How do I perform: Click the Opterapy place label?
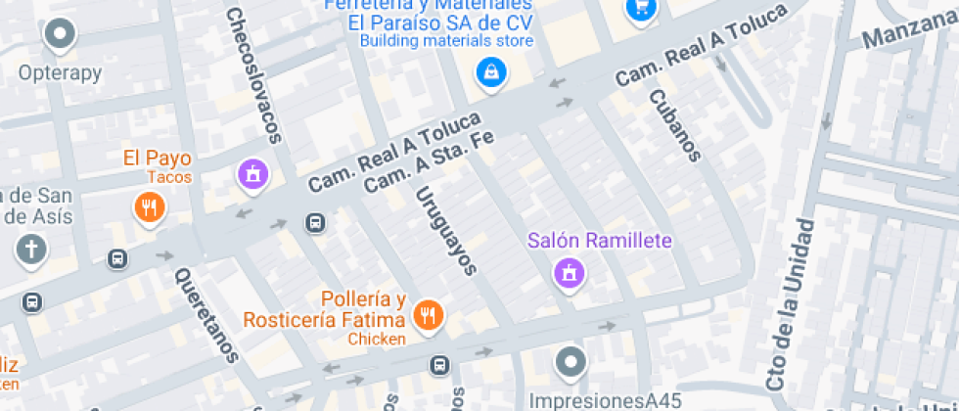point(60,73)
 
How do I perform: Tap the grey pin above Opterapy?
point(60,35)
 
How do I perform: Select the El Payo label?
point(157,159)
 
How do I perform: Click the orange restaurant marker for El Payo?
point(149,206)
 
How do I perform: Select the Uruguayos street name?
point(445,230)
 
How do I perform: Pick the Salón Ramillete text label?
point(599,241)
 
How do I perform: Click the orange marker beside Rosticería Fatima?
point(428,314)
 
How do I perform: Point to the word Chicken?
point(377,339)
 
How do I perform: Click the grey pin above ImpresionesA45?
point(570,363)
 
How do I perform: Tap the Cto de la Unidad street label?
point(791,304)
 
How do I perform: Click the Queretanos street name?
point(206,315)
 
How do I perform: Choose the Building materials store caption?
point(446,41)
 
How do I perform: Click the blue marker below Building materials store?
point(489,71)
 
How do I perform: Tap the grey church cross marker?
point(31,250)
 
